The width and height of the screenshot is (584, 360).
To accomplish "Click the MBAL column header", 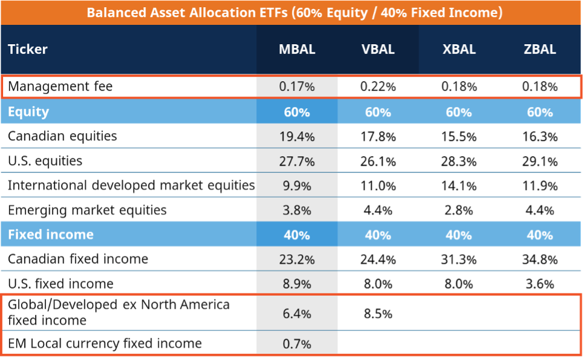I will click(x=297, y=50).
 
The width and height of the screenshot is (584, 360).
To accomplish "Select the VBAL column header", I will click(x=378, y=50).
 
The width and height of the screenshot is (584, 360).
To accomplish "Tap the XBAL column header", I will click(x=459, y=50).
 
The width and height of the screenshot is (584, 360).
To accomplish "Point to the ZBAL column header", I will click(x=540, y=50).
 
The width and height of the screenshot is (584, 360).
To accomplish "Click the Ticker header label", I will click(x=28, y=50).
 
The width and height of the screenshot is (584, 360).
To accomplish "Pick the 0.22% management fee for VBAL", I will click(x=378, y=87).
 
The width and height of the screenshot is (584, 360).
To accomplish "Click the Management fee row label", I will click(x=60, y=87).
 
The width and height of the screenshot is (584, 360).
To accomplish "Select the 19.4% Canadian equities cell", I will click(x=297, y=136).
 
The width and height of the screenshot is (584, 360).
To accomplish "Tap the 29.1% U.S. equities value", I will click(x=540, y=161).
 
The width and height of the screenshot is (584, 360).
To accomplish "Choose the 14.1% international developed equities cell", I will click(x=459, y=186).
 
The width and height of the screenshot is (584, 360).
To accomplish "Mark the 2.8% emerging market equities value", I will click(x=459, y=211).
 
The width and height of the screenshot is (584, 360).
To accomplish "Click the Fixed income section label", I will click(x=51, y=235).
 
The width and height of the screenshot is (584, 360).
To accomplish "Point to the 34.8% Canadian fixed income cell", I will click(x=540, y=260).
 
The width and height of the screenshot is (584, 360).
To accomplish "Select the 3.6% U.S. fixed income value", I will click(x=540, y=284).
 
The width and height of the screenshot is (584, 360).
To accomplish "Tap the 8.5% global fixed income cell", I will click(x=378, y=313).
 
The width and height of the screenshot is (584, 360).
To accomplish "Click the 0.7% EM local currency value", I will click(x=297, y=344).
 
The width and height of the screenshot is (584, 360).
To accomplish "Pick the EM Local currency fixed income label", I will click(x=105, y=344).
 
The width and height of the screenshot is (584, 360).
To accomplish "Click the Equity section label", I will click(x=28, y=112).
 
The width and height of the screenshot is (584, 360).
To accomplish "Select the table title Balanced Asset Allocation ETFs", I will click(x=294, y=13).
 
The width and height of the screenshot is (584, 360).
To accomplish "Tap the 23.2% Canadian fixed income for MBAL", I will click(x=297, y=260).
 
